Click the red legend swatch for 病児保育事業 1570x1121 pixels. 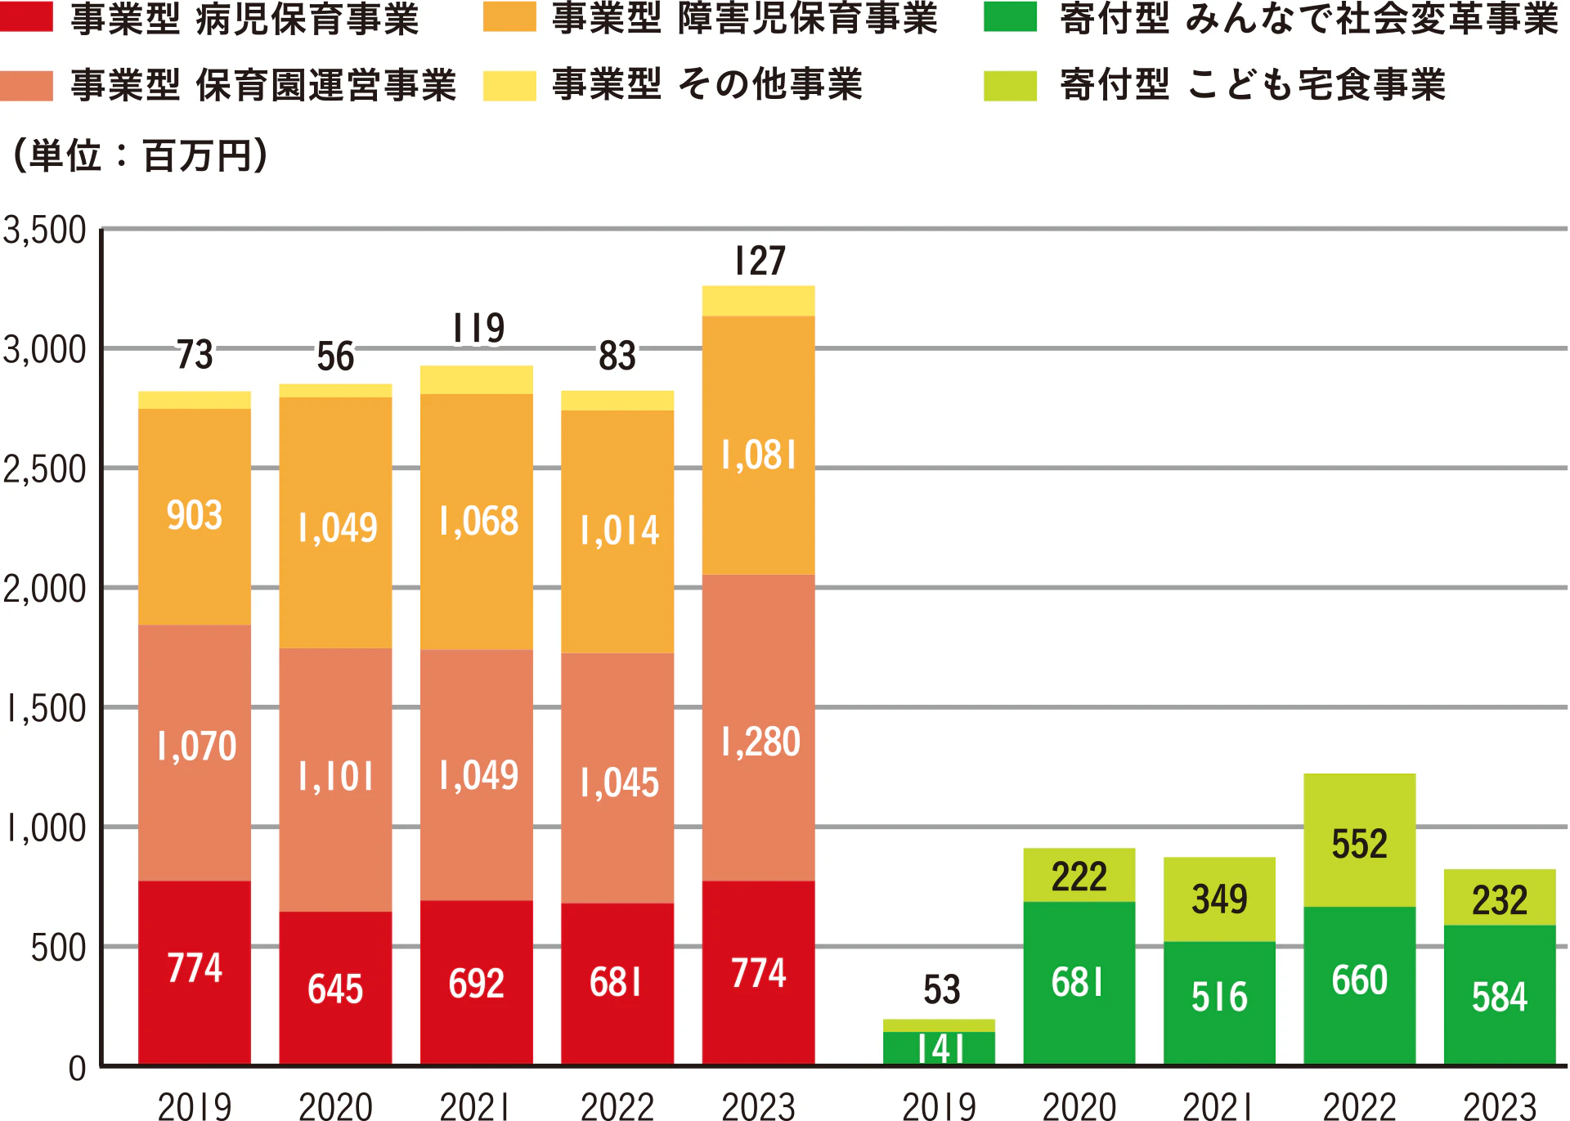tap(26, 17)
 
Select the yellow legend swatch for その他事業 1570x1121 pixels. tap(509, 85)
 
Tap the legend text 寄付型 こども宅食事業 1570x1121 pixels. tap(1253, 85)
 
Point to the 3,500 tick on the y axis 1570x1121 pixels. tap(45, 231)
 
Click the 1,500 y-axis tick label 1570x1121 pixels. tap(45, 709)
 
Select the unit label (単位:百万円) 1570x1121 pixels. tap(139, 155)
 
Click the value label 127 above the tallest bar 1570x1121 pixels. tap(760, 262)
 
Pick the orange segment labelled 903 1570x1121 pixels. tap(195, 516)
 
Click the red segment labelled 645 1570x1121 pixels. tap(335, 989)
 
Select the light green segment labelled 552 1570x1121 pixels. tap(1359, 842)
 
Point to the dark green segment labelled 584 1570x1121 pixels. tap(1500, 996)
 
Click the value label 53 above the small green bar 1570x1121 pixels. tap(941, 990)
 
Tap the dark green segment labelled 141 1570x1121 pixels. tap(940, 1048)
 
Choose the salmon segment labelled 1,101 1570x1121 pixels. tap(335, 777)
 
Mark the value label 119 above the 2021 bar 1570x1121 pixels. tap(478, 329)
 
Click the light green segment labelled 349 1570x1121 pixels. tap(1219, 899)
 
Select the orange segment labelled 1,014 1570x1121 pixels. tap(618, 531)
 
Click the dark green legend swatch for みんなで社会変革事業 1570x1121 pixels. tap(1010, 17)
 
